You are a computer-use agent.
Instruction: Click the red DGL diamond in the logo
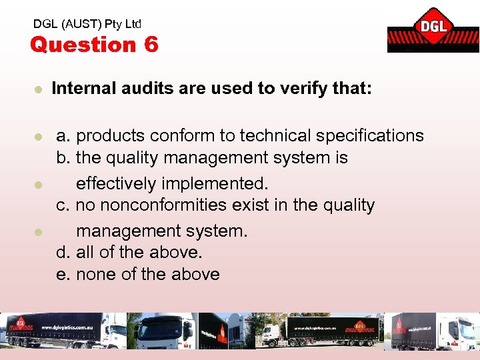[433, 27]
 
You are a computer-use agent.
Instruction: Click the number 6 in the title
[151, 45]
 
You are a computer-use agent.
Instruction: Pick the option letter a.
[63, 135]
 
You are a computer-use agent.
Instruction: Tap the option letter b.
[63, 158]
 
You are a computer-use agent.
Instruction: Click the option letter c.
[63, 205]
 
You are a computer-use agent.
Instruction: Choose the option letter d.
[63, 253]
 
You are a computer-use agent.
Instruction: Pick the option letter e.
[63, 274]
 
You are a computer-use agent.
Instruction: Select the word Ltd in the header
[133, 23]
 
